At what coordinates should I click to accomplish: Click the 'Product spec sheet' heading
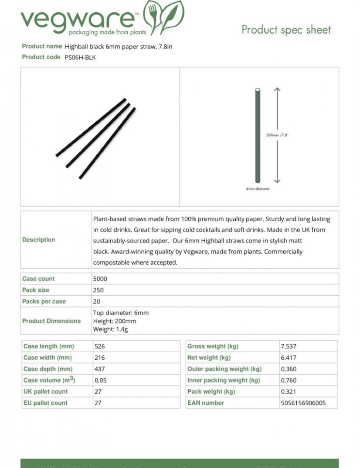286,30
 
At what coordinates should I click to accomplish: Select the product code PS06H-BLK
80,57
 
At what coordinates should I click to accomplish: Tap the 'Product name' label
42,46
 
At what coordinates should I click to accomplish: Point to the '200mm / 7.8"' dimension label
277,135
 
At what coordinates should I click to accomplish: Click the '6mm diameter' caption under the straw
258,189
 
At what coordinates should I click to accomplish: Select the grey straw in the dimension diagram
258,135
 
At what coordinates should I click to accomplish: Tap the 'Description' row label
39,239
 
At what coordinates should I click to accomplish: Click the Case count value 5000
100,279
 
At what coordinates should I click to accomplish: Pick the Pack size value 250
98,290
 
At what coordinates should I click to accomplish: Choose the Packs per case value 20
97,301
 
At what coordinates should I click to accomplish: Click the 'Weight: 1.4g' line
111,329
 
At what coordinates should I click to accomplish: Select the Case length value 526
100,346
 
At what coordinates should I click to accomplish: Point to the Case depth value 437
100,369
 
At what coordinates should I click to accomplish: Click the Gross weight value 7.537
289,346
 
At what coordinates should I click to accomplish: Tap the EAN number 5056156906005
303,403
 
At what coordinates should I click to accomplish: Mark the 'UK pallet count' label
45,392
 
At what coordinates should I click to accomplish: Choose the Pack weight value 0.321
289,392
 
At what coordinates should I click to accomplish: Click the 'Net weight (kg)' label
209,358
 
